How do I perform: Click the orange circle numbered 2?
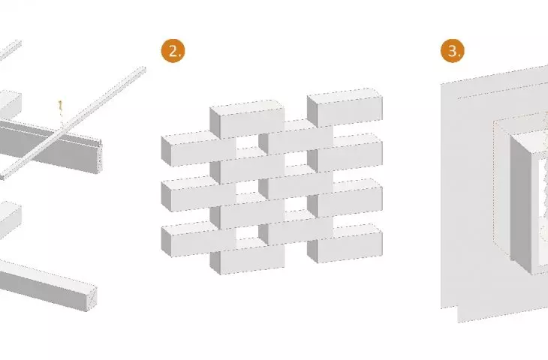click(x=173, y=51)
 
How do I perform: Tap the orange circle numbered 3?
click(x=453, y=51)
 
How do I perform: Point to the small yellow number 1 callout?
click(x=60, y=106)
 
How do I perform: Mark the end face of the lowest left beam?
click(x=92, y=298)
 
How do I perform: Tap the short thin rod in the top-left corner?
click(x=10, y=49)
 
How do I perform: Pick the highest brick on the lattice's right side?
click(x=345, y=107)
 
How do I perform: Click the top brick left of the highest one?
click(x=247, y=119)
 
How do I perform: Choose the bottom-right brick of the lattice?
click(x=345, y=244)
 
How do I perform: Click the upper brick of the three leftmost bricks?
click(x=198, y=148)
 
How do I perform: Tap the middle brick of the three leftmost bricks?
click(x=198, y=193)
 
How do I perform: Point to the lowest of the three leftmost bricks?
click(x=198, y=239)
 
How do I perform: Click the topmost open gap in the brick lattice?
click(x=247, y=142)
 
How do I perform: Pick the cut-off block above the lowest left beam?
click(x=10, y=220)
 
